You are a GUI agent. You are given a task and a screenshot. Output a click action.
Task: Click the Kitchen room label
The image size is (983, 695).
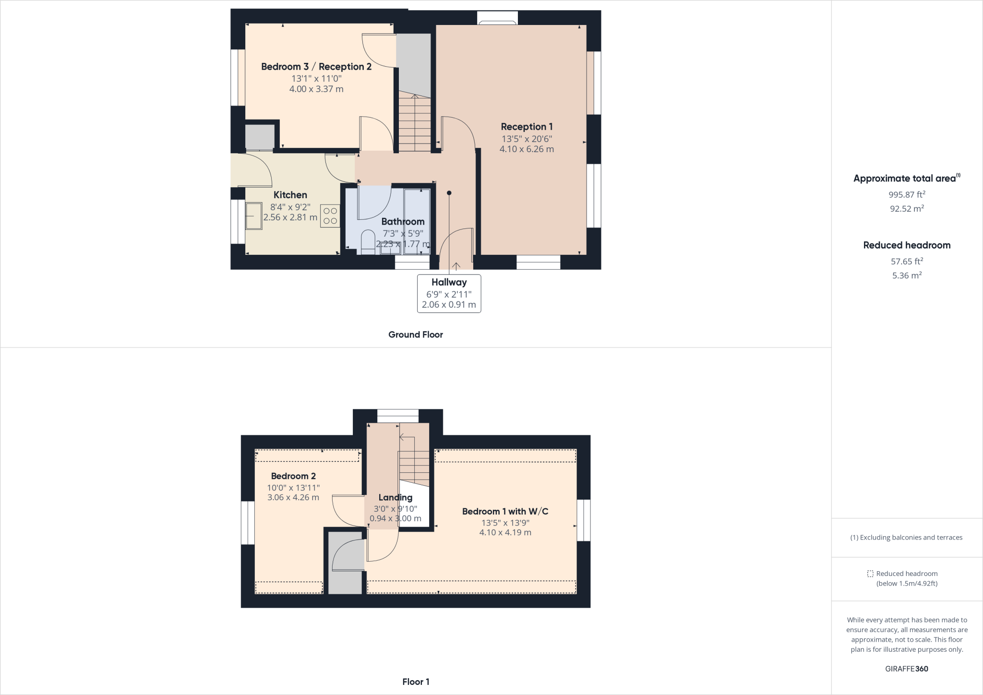[290, 195]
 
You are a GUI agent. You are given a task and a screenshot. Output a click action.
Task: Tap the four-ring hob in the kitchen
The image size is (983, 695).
[330, 216]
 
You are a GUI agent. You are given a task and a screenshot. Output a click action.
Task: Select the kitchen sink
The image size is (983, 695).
[254, 216]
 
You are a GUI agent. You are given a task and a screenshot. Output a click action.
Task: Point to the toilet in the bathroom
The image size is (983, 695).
[368, 241]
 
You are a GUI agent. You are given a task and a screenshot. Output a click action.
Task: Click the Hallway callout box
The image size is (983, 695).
[449, 293]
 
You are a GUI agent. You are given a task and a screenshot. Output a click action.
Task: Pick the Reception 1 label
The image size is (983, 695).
[527, 127]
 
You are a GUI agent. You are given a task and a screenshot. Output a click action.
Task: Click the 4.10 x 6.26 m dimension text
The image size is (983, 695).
[527, 149]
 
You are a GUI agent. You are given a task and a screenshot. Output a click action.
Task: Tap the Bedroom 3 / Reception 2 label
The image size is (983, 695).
[316, 67]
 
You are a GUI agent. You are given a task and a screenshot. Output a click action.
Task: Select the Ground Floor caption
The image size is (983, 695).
[415, 335]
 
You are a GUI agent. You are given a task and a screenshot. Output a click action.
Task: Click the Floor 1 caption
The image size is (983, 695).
[416, 682]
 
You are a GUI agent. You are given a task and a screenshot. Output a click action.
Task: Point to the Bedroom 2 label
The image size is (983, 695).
[293, 476]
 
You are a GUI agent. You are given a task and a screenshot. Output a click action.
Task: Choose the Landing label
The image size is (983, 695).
[395, 498]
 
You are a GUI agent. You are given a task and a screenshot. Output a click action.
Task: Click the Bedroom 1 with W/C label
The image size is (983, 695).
[505, 512]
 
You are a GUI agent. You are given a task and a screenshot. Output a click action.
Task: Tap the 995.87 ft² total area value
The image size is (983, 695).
[907, 194]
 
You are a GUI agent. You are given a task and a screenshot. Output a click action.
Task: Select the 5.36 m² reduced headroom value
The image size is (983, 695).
[907, 276]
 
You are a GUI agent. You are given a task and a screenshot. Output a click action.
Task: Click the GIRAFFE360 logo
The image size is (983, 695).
[907, 669]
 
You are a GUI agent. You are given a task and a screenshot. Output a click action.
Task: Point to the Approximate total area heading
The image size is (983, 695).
[905, 179]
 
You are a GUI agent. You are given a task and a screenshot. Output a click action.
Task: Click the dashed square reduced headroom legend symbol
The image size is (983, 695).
[870, 574]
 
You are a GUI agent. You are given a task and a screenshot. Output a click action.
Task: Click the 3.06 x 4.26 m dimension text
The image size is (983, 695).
[293, 498]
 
